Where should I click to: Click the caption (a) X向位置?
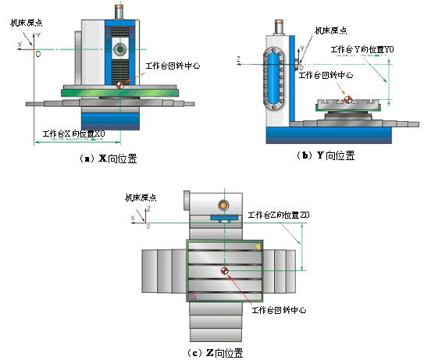109,158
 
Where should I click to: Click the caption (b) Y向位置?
327,155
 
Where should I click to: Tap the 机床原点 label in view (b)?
330,30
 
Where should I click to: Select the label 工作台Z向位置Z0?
278,215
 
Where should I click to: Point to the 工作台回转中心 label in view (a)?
173,67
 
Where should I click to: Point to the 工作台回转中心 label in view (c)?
276,310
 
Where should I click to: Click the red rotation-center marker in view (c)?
225,272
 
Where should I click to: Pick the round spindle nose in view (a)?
119,49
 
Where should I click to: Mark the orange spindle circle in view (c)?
224,205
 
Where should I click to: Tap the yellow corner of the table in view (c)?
257,246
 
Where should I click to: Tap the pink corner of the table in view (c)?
191,295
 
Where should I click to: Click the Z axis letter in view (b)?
237,57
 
